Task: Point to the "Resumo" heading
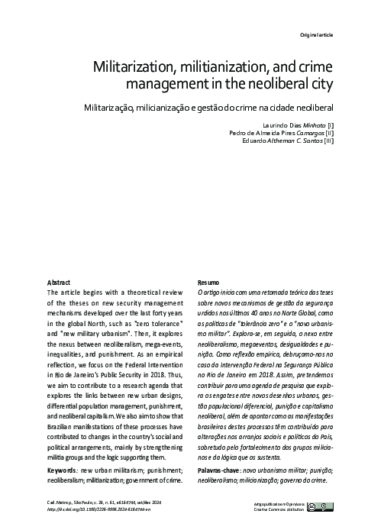209,281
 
